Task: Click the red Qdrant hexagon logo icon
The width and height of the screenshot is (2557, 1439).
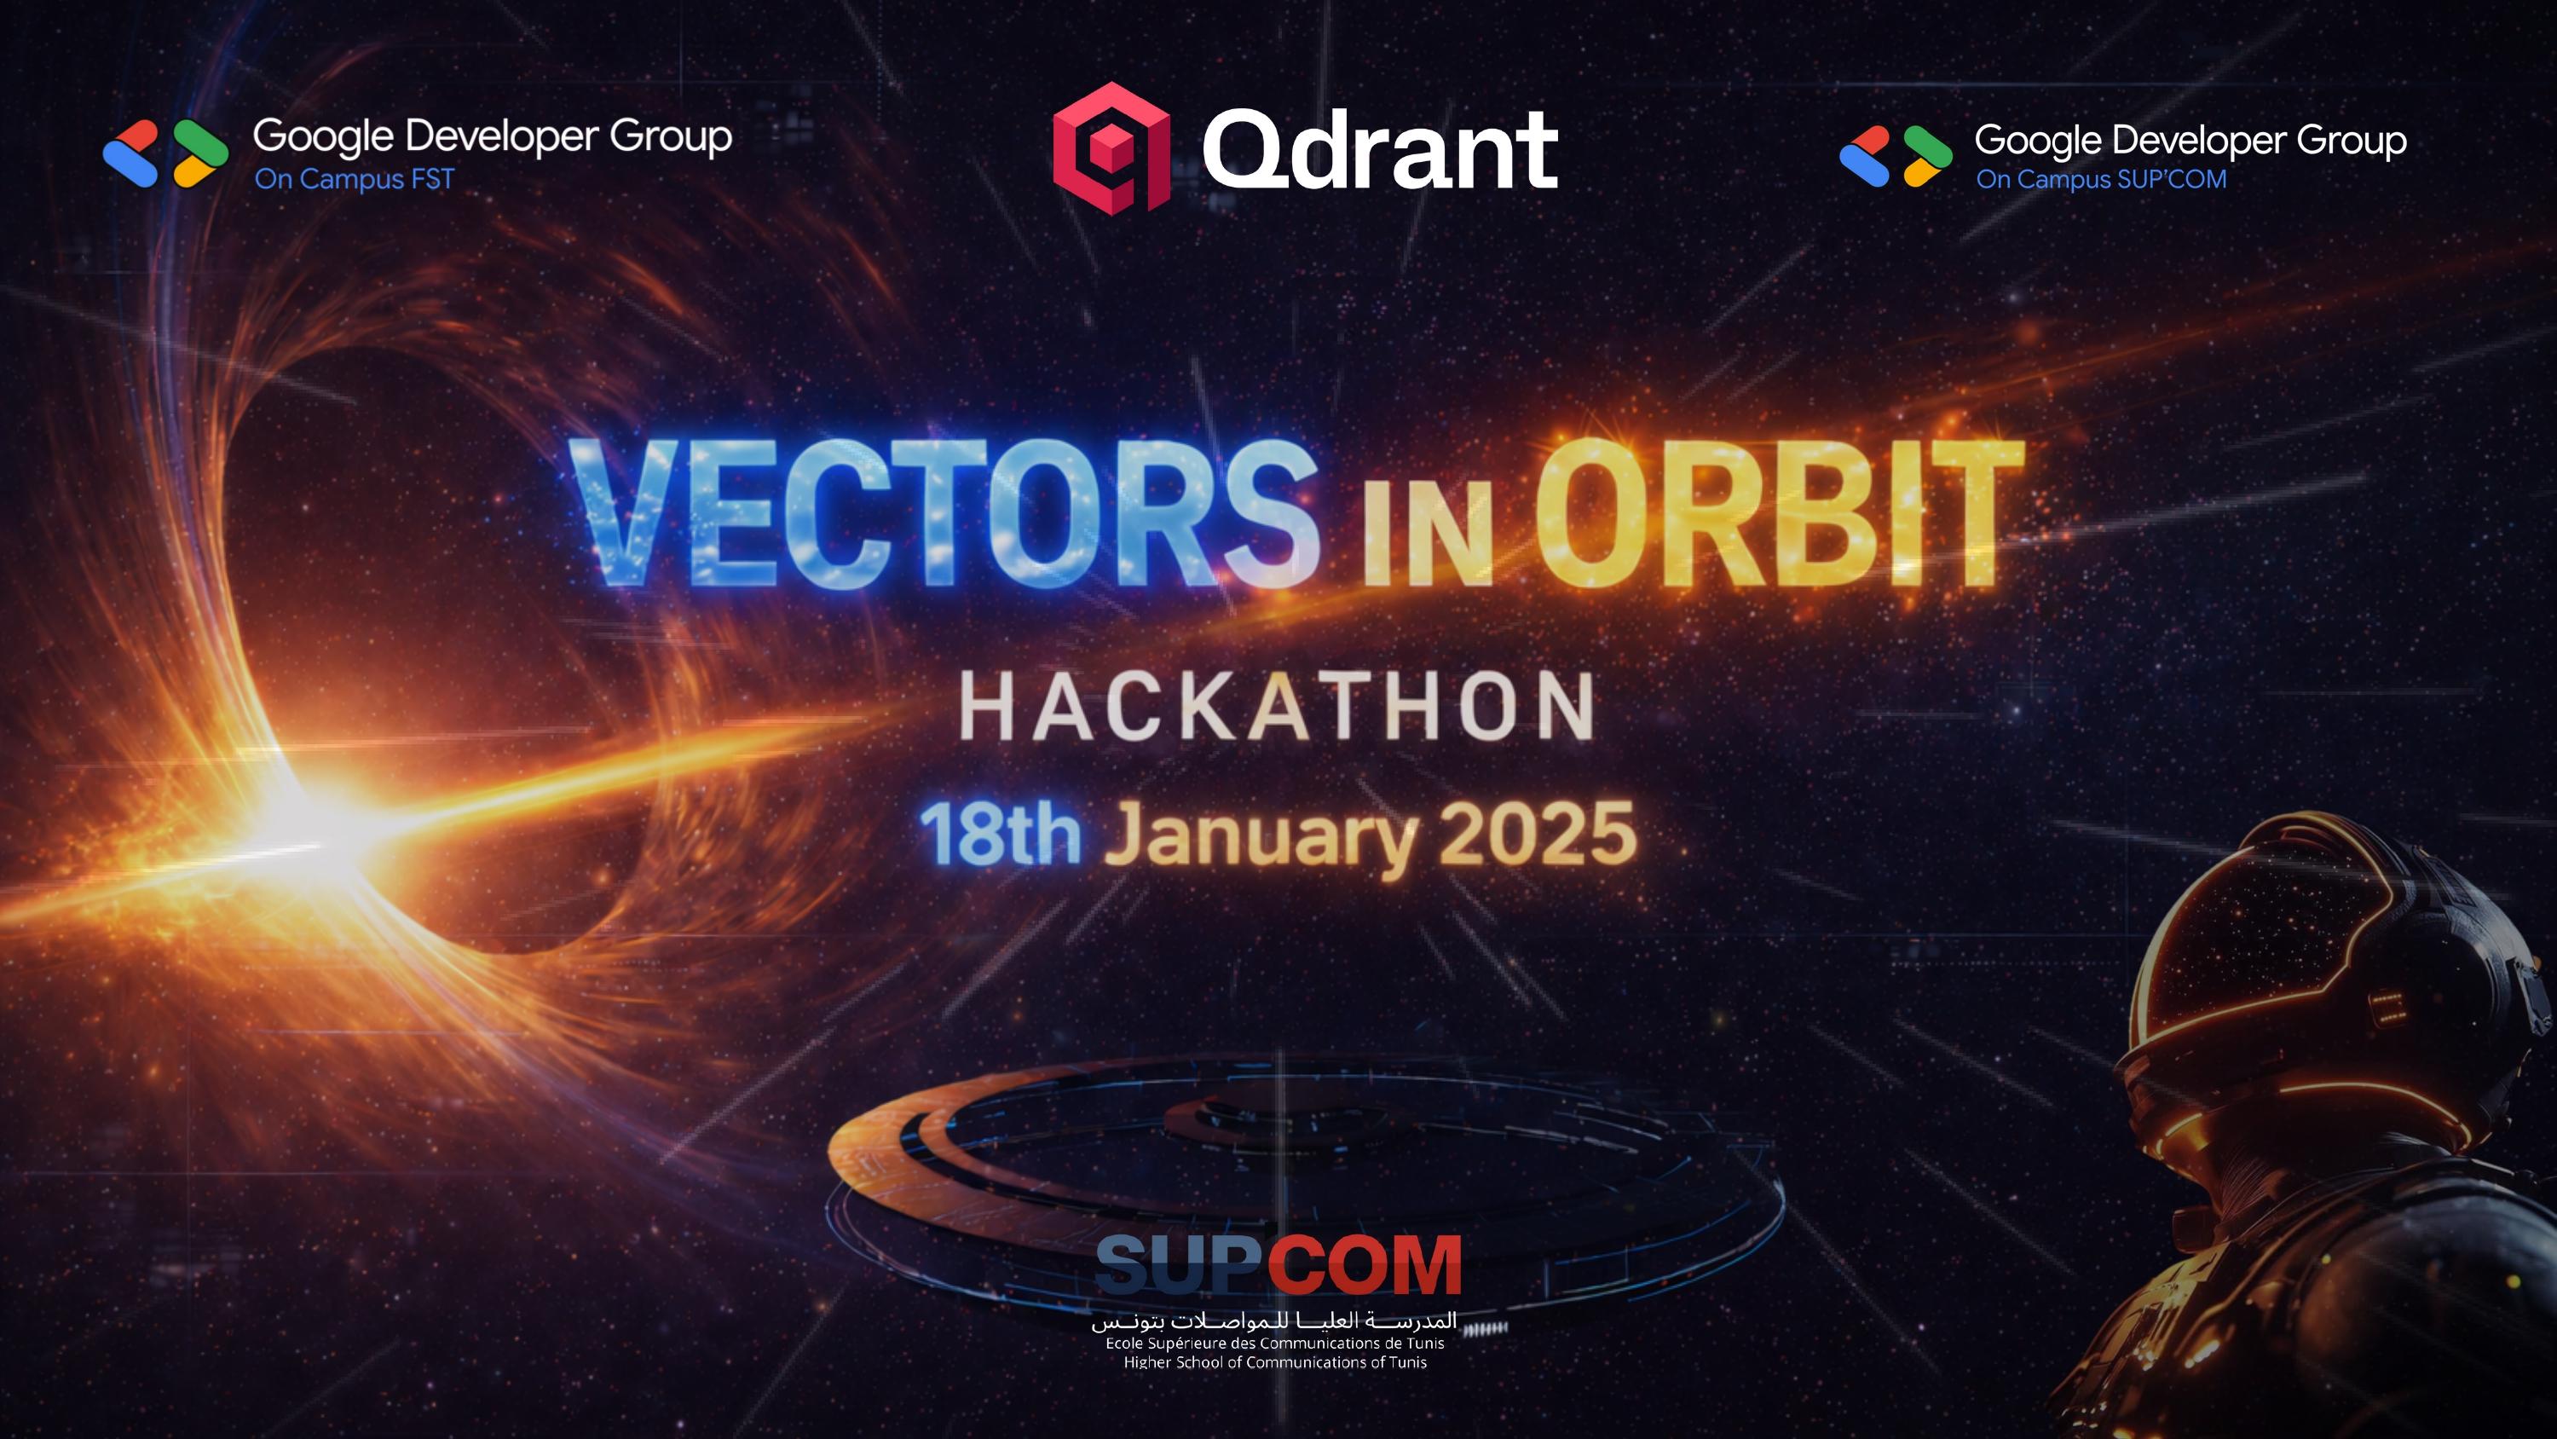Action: [x=1111, y=147]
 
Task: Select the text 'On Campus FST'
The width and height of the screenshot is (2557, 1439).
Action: [x=355, y=180]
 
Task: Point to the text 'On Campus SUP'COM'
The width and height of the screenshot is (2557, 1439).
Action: [x=2101, y=180]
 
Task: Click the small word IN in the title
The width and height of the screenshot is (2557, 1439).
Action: [x=1428, y=534]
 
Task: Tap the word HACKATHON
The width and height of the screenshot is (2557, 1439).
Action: [x=1278, y=706]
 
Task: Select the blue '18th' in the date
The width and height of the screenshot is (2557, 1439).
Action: [x=1000, y=835]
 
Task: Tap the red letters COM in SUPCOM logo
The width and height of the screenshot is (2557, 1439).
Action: [x=1365, y=1264]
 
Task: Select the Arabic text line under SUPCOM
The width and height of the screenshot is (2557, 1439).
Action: [x=1274, y=1321]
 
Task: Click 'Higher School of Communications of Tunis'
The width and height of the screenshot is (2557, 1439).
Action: [x=1274, y=1362]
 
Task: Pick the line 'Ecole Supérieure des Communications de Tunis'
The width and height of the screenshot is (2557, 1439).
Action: [x=1274, y=1344]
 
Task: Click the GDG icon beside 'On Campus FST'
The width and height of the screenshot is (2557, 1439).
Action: [x=165, y=154]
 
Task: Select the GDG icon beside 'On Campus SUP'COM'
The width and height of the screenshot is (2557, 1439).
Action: [x=1896, y=156]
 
